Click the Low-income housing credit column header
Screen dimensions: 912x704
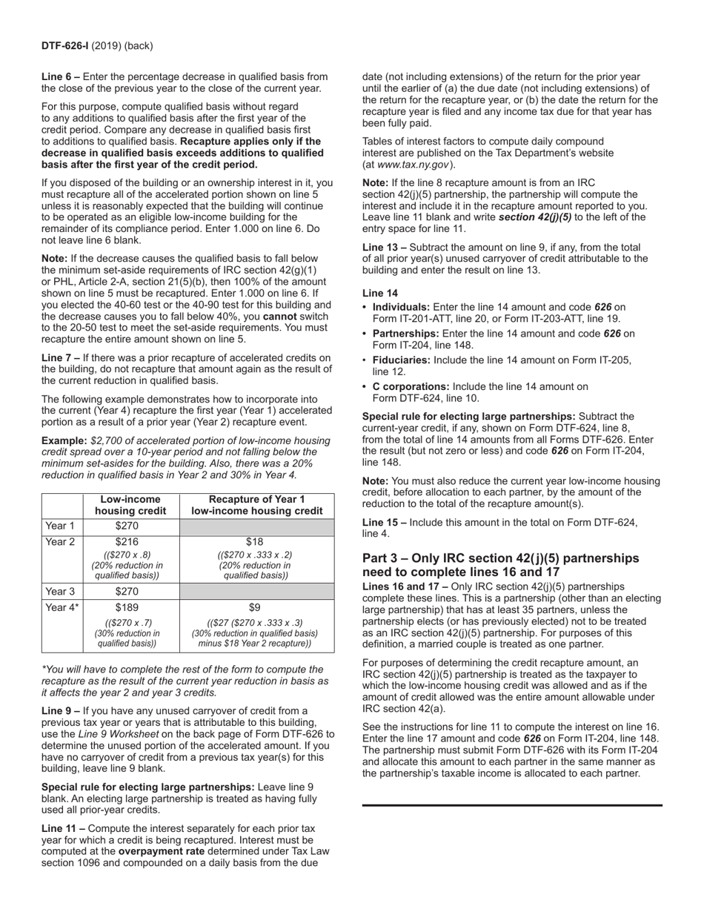pos(131,505)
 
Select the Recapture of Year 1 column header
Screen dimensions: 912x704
pos(256,505)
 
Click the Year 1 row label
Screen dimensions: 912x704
pos(60,526)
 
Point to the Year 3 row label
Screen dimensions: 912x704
pos(60,591)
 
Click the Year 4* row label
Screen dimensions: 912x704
pos(62,607)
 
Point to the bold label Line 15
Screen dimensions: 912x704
pos(380,522)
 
